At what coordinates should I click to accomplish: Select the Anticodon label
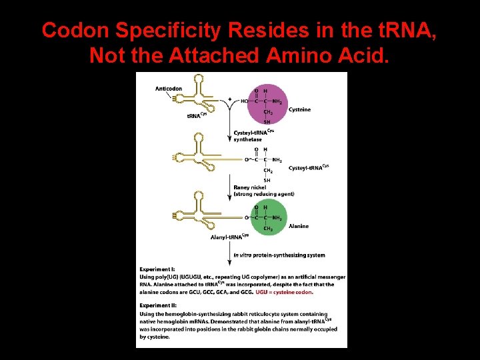click(169, 89)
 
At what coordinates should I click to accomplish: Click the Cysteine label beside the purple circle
click(300, 109)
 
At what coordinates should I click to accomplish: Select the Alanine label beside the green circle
click(299, 226)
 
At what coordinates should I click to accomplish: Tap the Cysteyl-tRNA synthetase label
click(253, 135)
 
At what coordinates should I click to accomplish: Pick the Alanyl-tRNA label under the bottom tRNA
click(229, 236)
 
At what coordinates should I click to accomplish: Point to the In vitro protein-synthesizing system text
click(270, 255)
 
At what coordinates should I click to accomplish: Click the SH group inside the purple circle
click(267, 122)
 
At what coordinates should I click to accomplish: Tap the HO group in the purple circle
click(245, 101)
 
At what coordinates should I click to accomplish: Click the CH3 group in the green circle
click(267, 229)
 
